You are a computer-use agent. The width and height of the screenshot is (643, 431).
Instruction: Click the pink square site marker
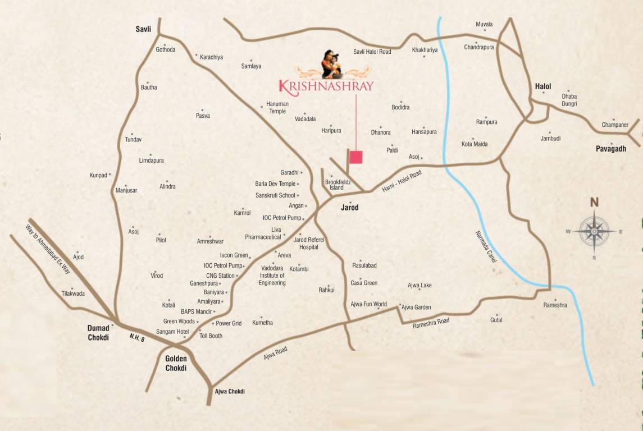356,157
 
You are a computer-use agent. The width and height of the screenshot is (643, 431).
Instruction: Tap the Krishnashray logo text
326,86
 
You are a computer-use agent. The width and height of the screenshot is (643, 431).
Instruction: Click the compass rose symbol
594,230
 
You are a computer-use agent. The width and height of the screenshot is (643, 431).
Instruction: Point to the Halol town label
543,86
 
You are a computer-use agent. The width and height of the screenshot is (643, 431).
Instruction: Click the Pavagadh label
611,149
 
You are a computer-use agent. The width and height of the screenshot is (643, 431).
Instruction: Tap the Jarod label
349,208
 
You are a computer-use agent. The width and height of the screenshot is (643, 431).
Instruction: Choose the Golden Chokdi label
176,364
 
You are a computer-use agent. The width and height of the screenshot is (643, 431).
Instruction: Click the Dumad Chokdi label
98,333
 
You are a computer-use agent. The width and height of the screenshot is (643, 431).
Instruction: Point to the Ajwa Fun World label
368,304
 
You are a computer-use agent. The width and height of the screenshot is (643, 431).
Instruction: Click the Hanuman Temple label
277,108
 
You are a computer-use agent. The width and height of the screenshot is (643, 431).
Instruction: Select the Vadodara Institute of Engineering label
272,276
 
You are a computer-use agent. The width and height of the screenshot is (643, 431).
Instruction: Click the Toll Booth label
211,336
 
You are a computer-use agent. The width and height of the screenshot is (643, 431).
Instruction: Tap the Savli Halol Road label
372,52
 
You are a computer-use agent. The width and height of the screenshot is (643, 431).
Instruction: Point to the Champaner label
615,125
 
